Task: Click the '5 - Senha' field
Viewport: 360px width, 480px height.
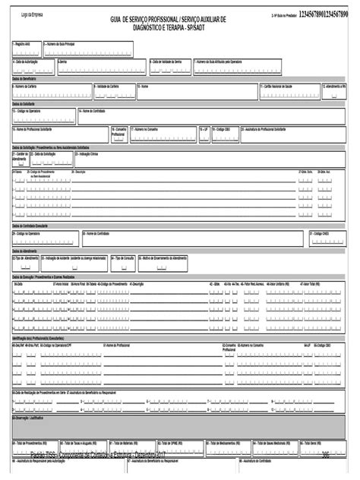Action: click(x=99, y=66)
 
